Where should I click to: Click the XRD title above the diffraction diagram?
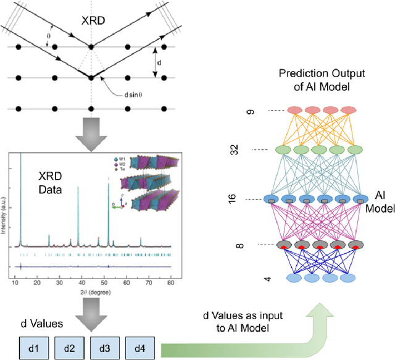(93, 21)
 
